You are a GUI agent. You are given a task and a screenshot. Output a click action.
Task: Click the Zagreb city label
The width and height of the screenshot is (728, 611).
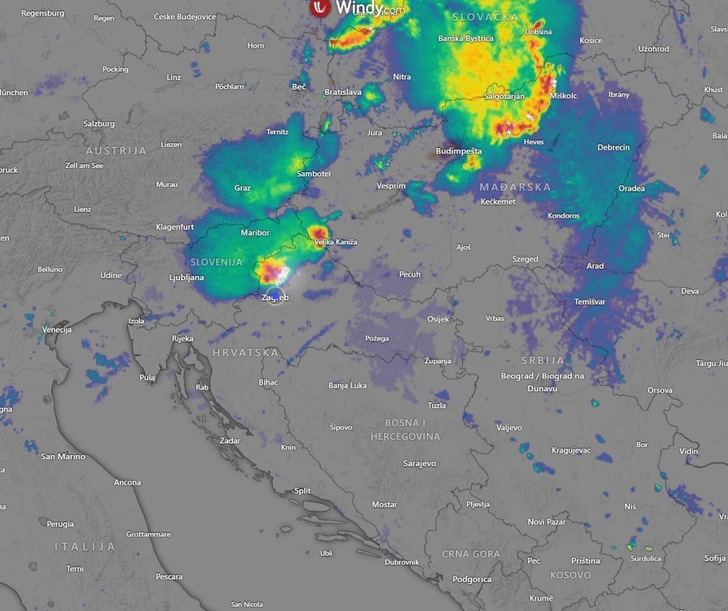pos(275,298)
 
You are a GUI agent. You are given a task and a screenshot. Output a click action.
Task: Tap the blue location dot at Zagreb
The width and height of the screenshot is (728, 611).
pos(276,295)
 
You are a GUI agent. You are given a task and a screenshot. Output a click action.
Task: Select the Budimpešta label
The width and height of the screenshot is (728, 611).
pos(459,151)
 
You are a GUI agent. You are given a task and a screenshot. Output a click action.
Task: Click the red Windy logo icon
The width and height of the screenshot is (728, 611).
pos(320,7)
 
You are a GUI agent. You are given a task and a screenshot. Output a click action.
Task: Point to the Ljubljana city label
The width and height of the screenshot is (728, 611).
pos(187,278)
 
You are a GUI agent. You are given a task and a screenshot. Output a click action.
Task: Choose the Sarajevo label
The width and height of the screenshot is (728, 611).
pos(419,464)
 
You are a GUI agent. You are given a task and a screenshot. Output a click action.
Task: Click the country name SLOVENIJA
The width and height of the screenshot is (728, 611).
pos(217,262)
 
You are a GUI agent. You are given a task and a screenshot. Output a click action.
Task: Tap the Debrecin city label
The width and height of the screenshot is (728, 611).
pos(613,147)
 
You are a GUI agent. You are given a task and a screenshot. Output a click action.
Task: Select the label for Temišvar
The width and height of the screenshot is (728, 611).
pos(590,302)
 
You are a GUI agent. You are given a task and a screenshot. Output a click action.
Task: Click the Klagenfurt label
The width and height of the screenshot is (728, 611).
pos(175,227)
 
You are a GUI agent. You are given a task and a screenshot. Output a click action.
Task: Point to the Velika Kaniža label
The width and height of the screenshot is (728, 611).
pos(336,242)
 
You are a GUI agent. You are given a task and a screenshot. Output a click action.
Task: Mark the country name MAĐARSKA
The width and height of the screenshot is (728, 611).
pos(515,187)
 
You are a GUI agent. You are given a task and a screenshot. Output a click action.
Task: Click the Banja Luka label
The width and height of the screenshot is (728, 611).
pos(347,385)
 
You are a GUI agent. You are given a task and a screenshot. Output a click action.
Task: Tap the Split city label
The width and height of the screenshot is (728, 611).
pos(302,491)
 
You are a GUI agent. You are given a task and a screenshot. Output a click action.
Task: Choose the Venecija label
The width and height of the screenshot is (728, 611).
pos(57,329)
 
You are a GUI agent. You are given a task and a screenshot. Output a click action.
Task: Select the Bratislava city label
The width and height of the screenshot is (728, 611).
pos(343,92)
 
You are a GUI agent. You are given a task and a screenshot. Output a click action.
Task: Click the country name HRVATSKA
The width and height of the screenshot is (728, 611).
pos(246,353)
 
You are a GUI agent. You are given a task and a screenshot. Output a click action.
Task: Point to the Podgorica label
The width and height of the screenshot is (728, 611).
pos(472,579)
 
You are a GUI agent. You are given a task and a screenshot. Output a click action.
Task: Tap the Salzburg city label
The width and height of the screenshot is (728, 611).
pos(99,124)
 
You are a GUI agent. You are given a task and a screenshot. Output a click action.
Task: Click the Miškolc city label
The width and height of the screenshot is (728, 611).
pos(563,96)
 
